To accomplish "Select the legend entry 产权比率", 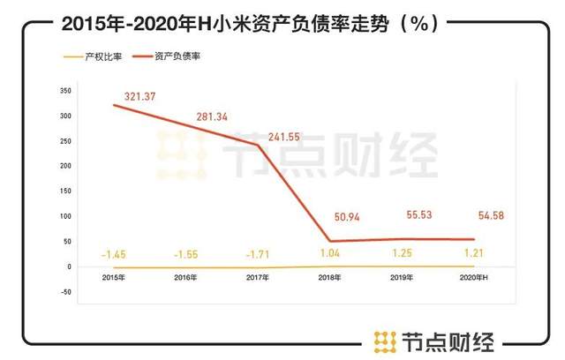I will [x=98, y=58].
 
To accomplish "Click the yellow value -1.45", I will [x=115, y=254].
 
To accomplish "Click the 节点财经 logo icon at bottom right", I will [x=382, y=340].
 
